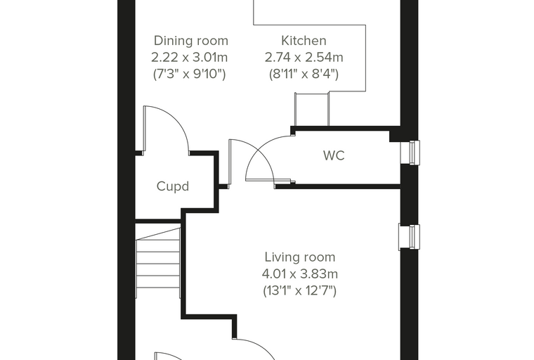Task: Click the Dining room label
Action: (190, 41)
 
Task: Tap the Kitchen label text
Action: (304, 41)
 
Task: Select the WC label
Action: (334, 155)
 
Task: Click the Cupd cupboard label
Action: (173, 186)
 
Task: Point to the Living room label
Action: (300, 257)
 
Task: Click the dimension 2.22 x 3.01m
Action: (189, 57)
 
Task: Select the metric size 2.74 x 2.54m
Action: (304, 57)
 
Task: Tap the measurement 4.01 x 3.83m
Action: (300, 274)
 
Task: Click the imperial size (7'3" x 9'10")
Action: (189, 74)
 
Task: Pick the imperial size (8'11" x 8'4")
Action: (304, 74)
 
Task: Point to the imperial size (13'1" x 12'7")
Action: (300, 291)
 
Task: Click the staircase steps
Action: (157, 263)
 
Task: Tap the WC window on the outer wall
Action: (410, 153)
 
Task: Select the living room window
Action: (409, 237)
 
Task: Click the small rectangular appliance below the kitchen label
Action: (311, 109)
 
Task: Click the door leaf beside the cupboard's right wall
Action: (230, 163)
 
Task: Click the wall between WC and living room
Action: (337, 186)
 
